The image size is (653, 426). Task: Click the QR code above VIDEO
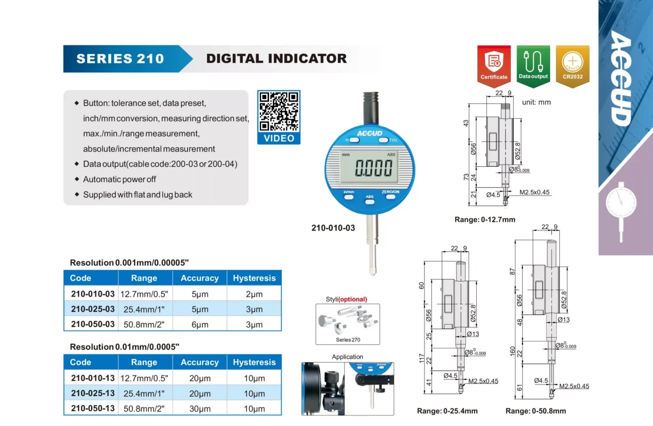click(x=279, y=111)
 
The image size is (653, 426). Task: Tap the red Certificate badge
click(x=494, y=66)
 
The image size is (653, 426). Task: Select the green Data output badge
click(x=533, y=66)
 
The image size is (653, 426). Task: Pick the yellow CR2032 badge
click(x=573, y=66)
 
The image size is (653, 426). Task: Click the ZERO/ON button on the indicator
click(x=390, y=196)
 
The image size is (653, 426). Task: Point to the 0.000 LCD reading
click(x=373, y=168)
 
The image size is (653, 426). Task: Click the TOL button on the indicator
click(x=383, y=140)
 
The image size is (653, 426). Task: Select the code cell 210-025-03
click(x=93, y=309)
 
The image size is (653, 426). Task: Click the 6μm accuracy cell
click(x=200, y=324)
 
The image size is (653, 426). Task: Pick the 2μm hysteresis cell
click(x=254, y=294)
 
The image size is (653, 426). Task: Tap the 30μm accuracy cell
click(x=200, y=408)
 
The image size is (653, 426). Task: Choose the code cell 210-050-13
click(x=93, y=408)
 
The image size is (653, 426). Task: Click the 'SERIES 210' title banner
click(x=128, y=59)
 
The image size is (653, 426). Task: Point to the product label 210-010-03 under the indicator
click(x=333, y=228)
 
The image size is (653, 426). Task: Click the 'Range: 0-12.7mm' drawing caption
click(x=485, y=219)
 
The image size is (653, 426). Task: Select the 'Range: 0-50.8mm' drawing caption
click(x=535, y=411)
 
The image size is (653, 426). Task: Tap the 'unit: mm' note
click(x=536, y=102)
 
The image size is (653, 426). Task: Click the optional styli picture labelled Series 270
click(x=347, y=324)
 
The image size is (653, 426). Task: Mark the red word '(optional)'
click(x=353, y=299)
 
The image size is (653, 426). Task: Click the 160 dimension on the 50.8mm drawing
click(x=512, y=351)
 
